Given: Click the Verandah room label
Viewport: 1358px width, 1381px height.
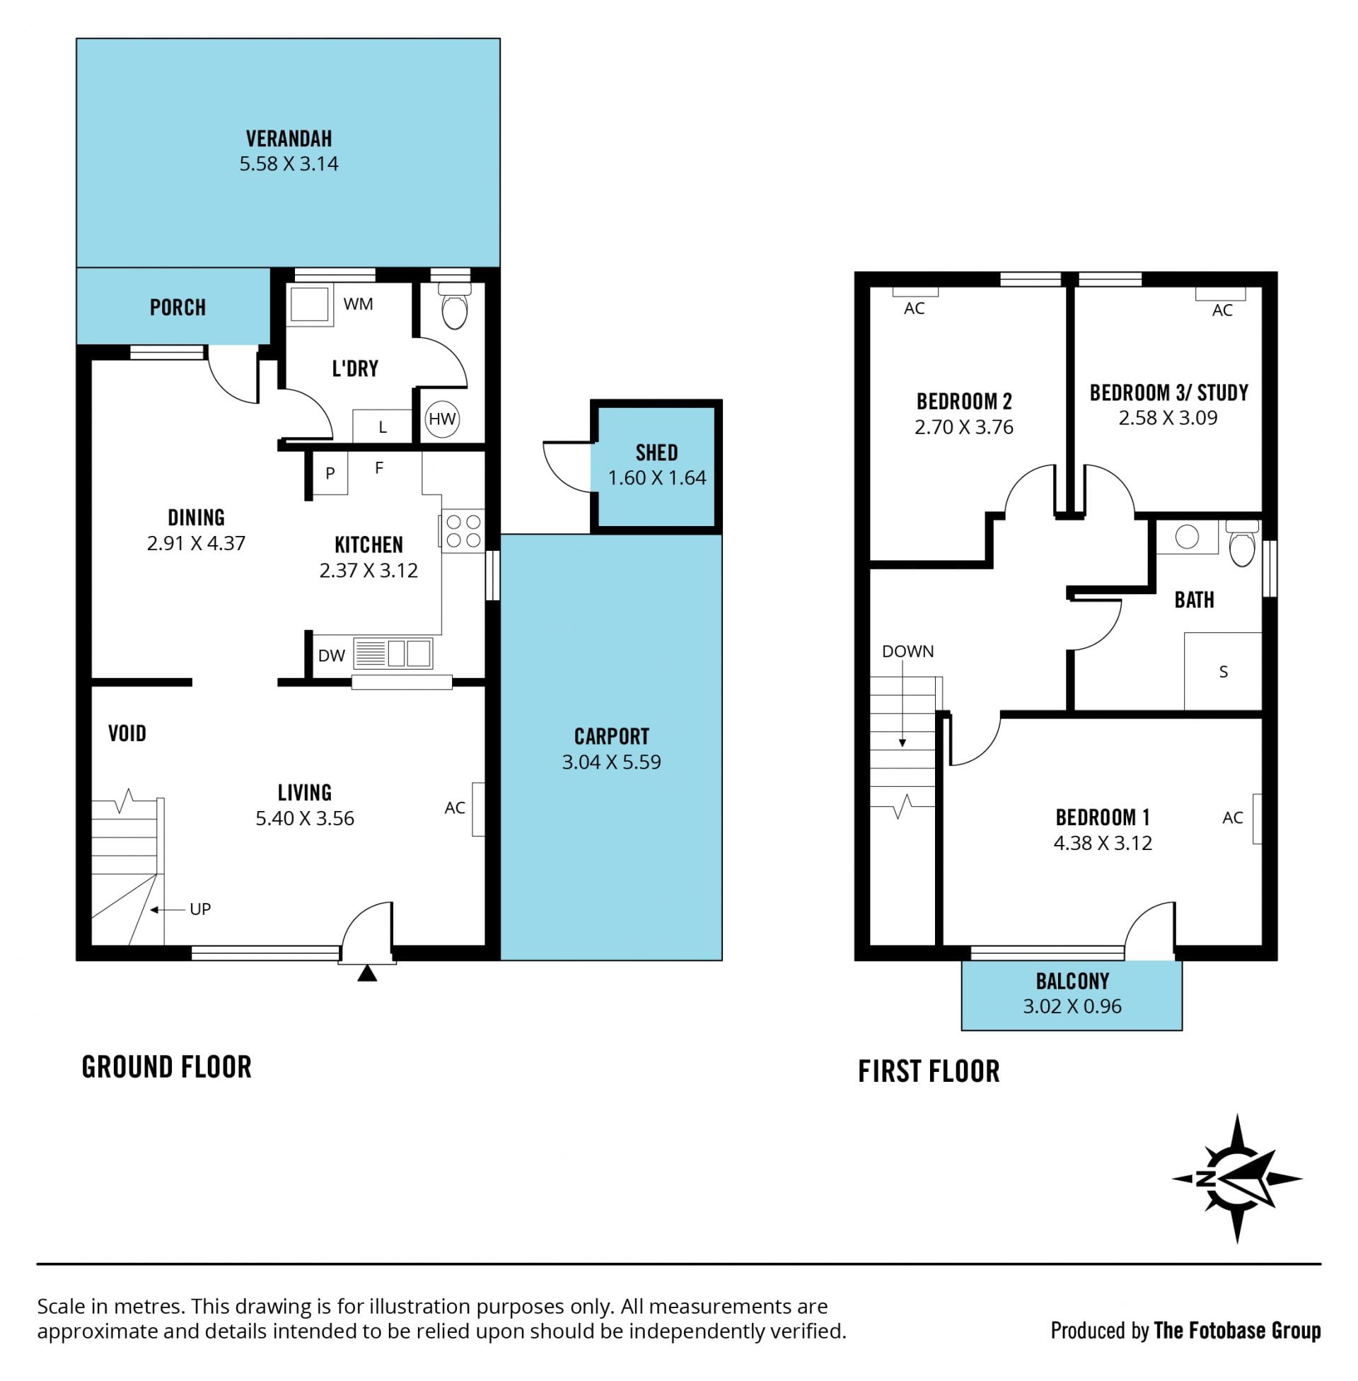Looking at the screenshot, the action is pyautogui.click(x=289, y=139).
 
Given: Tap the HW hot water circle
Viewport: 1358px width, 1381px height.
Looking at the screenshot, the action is pyautogui.click(x=442, y=419).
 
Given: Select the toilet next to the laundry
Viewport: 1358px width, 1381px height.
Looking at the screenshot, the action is pyautogui.click(x=454, y=305).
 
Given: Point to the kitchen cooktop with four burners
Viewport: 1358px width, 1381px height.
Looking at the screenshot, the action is pyautogui.click(x=463, y=531).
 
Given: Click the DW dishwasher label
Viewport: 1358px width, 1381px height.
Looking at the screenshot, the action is pyautogui.click(x=332, y=656).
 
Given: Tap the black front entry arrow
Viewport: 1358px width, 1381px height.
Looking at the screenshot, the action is pyautogui.click(x=366, y=973).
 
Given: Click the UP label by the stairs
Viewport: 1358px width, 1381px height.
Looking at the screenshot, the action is pyautogui.click(x=200, y=909).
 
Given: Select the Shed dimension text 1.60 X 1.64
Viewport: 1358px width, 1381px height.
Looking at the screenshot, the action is pyautogui.click(x=657, y=478).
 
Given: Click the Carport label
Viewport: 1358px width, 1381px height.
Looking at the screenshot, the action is pyautogui.click(x=612, y=737).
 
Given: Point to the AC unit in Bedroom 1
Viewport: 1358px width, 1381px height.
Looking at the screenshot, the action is pyautogui.click(x=1257, y=819).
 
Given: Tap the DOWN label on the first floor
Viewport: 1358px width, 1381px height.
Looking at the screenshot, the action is pyautogui.click(x=908, y=651).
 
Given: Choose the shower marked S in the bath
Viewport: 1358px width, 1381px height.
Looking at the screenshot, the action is pyautogui.click(x=1223, y=671).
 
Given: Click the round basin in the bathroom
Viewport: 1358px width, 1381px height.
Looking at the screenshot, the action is pyautogui.click(x=1188, y=537).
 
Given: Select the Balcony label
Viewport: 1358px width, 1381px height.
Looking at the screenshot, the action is pyautogui.click(x=1073, y=981).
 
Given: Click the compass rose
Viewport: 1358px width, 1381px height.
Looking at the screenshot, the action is pyautogui.click(x=1238, y=1179).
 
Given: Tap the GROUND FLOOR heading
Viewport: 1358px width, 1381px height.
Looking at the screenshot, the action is pyautogui.click(x=167, y=1067).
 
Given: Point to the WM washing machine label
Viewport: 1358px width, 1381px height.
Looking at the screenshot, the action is pyautogui.click(x=358, y=305).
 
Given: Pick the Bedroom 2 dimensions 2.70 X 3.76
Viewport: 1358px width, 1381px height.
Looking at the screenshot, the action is pyautogui.click(x=964, y=427).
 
